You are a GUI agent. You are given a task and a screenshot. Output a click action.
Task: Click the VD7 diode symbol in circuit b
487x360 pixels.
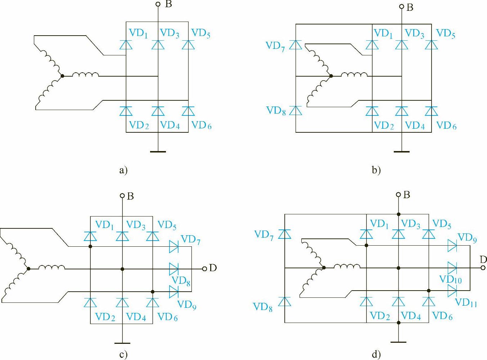[x=296, y=45]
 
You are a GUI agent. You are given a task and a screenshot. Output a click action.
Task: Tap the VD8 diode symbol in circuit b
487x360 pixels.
[x=296, y=110]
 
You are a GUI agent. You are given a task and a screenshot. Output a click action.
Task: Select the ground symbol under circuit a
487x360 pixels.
[x=158, y=151]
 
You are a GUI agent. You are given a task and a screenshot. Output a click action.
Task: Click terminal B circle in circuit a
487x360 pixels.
[x=158, y=4]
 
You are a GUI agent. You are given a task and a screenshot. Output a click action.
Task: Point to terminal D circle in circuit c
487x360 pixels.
[x=204, y=269]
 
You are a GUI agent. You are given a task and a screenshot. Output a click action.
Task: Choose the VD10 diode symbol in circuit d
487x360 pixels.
[x=452, y=268]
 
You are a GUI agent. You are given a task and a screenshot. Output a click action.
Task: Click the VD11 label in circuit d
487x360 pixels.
[x=466, y=302]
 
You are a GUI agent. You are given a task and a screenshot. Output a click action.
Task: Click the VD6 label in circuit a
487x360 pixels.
[x=201, y=125]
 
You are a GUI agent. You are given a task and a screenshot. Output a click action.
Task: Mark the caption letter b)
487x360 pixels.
[x=376, y=170]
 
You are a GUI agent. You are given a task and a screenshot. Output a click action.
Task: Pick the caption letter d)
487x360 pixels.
[x=376, y=355]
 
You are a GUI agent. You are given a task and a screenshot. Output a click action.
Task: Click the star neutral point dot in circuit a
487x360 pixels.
[x=63, y=76]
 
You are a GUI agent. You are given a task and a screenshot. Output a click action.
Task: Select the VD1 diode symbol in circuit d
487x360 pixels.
[x=366, y=234]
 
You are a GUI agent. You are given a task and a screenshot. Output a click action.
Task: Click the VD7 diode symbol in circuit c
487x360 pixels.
[x=174, y=246]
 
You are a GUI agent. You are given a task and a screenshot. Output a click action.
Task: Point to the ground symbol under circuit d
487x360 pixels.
[x=398, y=342]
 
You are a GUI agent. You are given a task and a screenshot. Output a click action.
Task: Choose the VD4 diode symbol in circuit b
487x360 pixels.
[x=402, y=111]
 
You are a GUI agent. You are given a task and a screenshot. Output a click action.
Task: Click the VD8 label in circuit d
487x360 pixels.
[x=263, y=307]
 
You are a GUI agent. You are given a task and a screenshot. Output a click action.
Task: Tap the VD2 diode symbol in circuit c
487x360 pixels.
[x=90, y=302]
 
